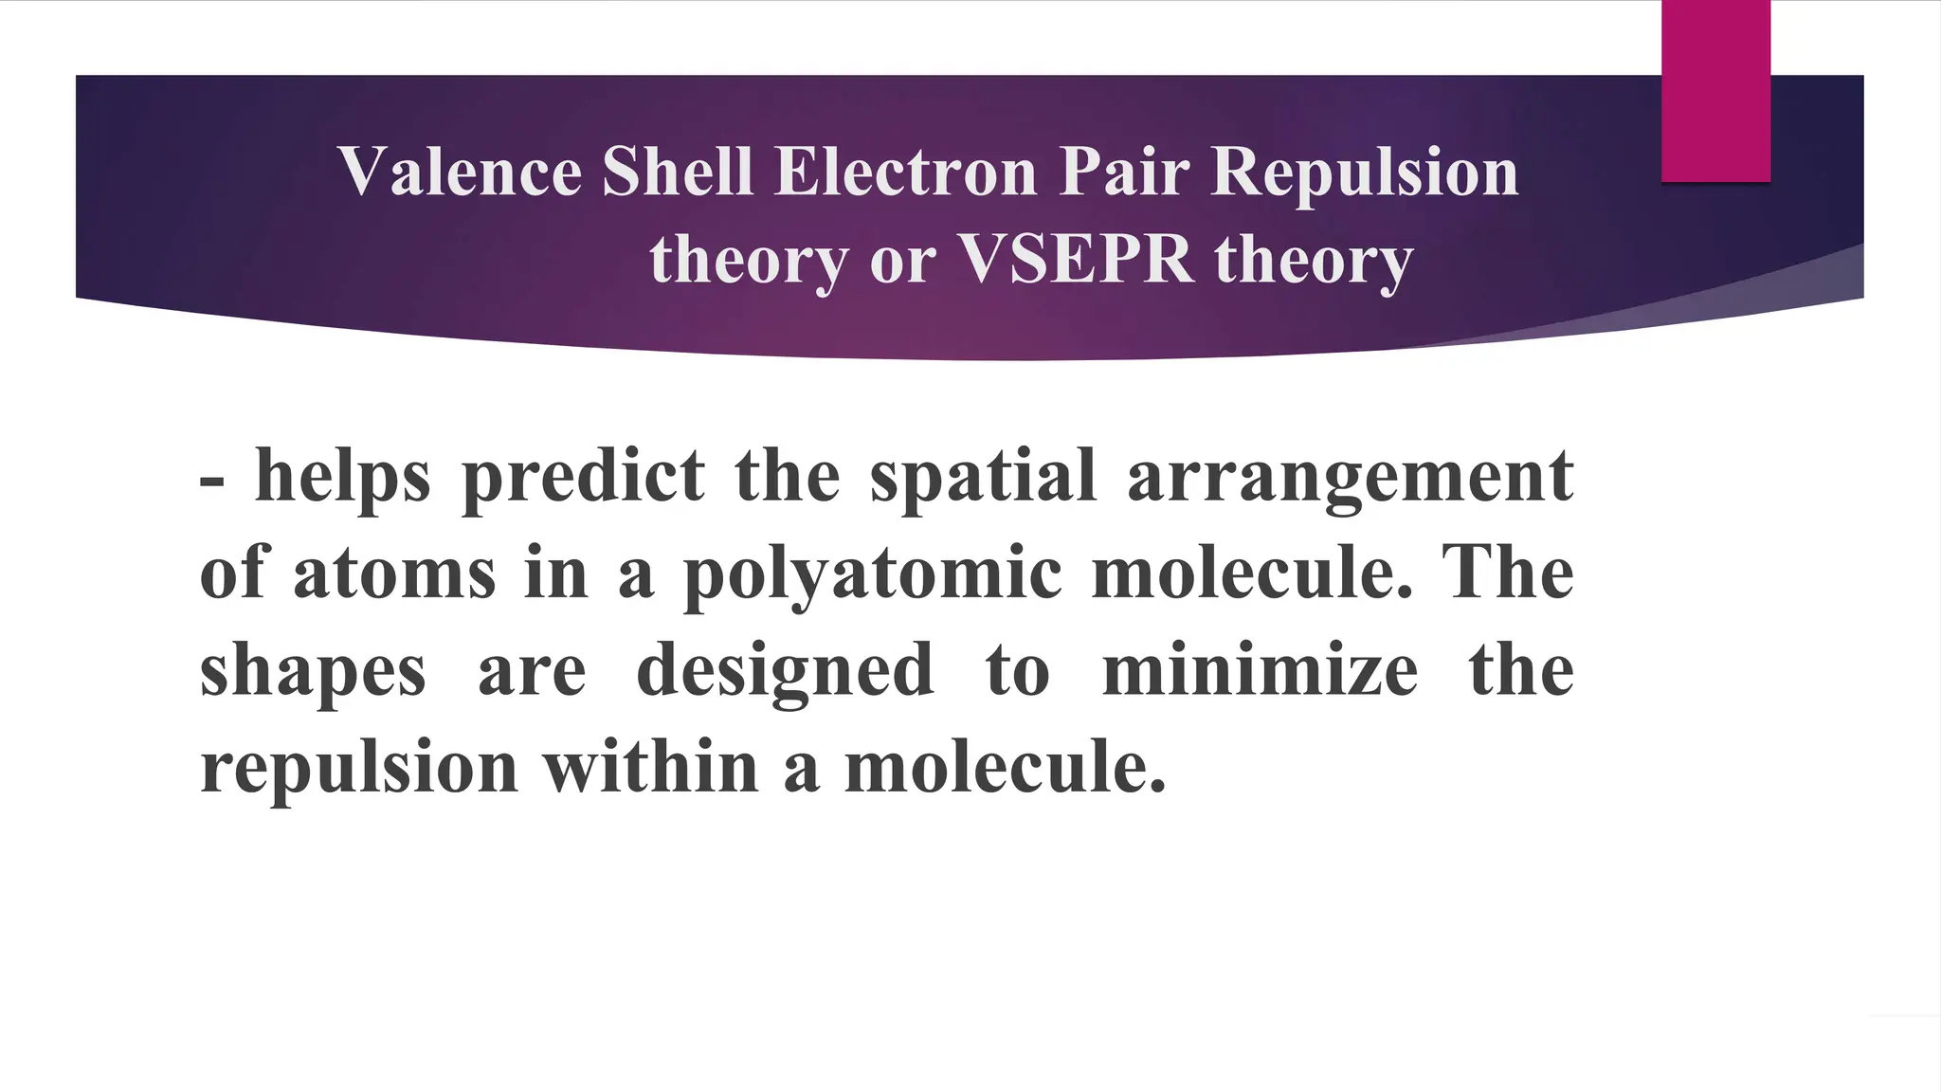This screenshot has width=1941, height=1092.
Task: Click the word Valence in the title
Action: pyautogui.click(x=460, y=172)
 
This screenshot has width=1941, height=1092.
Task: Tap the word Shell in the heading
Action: pyautogui.click(x=678, y=172)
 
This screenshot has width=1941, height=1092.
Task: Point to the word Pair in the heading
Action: pyautogui.click(x=1124, y=172)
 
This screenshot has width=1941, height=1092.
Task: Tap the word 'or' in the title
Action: pyautogui.click(x=902, y=260)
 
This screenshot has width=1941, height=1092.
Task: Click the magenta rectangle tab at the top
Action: pyautogui.click(x=1715, y=91)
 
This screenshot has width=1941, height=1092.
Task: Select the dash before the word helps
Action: pyautogui.click(x=212, y=480)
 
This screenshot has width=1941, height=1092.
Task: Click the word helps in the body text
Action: pyautogui.click(x=343, y=477)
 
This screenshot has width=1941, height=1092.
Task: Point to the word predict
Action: pyautogui.click(x=583, y=477)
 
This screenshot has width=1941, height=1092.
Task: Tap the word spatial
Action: pyautogui.click(x=983, y=477)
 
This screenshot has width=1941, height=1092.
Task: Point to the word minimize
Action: pyautogui.click(x=1261, y=669)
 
